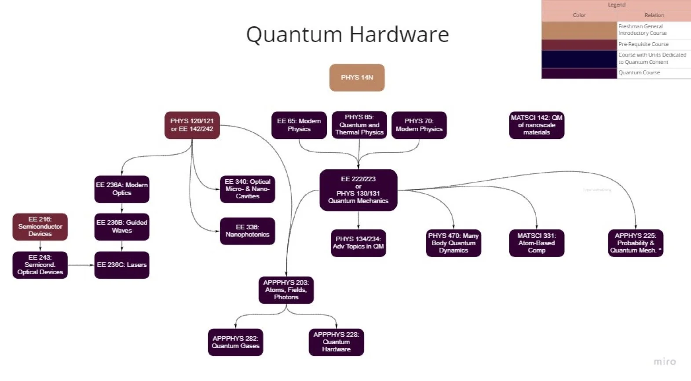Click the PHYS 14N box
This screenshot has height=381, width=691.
coord(357,78)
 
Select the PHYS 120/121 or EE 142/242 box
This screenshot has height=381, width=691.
coord(192,125)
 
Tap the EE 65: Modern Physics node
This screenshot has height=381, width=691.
coord(299,125)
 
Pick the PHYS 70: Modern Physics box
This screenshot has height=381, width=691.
coord(419,125)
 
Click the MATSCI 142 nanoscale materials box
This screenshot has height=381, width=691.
coord(536,125)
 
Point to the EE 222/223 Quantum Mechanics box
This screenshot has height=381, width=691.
coord(358,190)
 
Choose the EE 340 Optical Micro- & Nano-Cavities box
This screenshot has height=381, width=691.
coord(247,189)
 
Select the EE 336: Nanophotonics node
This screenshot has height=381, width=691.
coord(247,231)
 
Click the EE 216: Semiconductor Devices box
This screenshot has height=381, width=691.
coord(40,227)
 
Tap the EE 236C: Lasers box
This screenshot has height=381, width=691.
coord(122,265)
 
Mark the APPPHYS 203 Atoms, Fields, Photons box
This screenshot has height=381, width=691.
coord(286,290)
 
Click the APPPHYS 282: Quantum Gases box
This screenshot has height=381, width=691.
coord(235,342)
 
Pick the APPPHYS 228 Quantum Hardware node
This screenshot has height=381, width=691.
coord(336,342)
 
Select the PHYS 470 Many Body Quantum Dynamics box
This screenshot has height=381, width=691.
coord(453,243)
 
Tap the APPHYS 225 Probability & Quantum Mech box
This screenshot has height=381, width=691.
coord(635,243)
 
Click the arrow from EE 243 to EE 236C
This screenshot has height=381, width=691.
coord(81,265)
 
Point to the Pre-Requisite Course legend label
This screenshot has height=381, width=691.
coord(643,44)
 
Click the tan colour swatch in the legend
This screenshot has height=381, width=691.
coord(579,30)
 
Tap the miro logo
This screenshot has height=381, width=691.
coord(664,362)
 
